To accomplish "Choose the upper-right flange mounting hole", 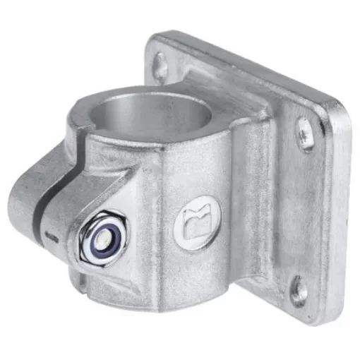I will (x=304, y=134).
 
